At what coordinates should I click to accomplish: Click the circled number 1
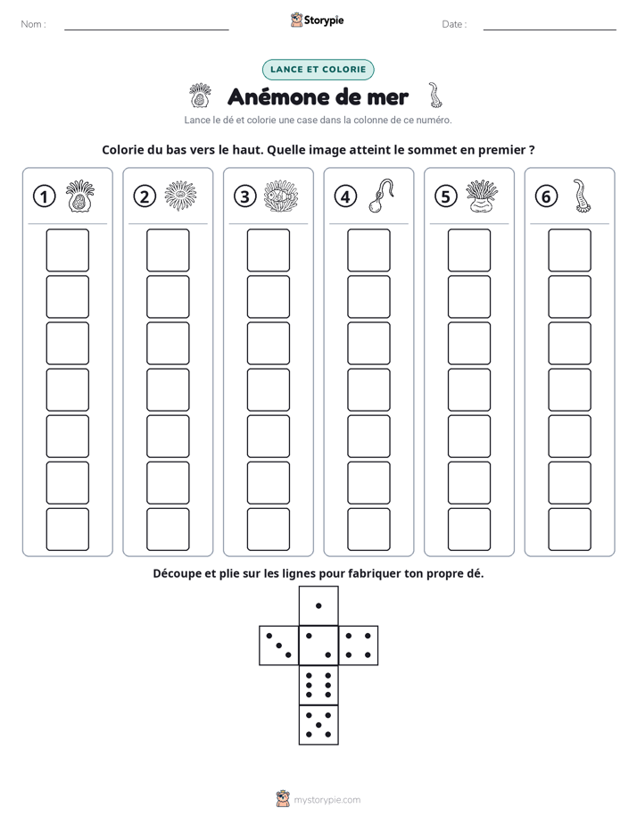[44, 196]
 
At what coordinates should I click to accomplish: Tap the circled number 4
[345, 196]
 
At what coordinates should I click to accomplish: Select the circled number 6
[546, 196]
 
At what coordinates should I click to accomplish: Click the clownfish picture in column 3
[281, 196]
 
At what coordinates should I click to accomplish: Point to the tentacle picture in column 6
[582, 196]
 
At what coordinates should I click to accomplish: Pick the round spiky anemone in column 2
[180, 196]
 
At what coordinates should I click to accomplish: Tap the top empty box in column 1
[67, 250]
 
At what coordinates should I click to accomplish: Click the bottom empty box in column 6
[569, 529]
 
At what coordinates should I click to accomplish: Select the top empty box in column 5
[468, 250]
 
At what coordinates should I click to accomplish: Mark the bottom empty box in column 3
[268, 529]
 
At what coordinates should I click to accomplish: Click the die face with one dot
[318, 605]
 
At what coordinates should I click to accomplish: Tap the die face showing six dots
[318, 685]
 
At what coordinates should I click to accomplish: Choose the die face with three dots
[279, 645]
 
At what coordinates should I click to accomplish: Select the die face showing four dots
[358, 645]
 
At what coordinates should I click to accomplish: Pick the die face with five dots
[318, 725]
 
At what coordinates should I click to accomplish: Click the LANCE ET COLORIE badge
[318, 70]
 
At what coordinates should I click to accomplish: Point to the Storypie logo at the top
[317, 20]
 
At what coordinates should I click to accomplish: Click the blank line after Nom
[146, 29]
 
